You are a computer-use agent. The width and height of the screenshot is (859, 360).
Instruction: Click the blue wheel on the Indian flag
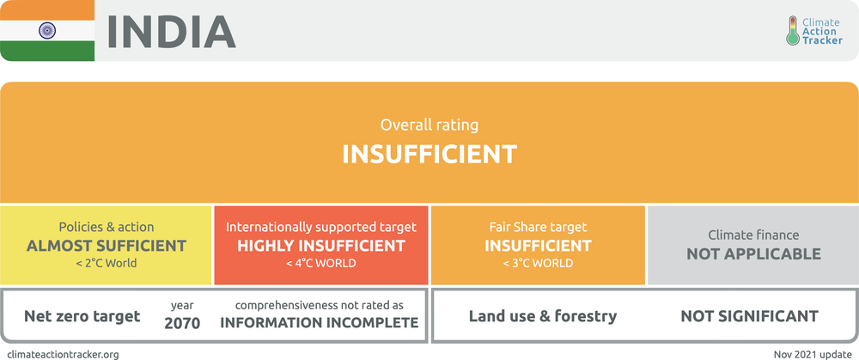47,30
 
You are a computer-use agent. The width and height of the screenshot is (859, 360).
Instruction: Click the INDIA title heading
172,32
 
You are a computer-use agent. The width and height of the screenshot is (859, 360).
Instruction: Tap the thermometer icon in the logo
793,30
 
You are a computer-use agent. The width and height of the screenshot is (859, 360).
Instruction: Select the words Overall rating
429,125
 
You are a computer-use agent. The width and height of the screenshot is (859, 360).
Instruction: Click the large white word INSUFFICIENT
429,155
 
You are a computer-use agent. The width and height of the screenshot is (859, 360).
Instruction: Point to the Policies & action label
107,227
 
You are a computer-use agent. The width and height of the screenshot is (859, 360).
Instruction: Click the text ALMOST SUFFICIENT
107,246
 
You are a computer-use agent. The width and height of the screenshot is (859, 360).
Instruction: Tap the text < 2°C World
107,264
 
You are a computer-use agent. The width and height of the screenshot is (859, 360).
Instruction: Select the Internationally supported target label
321,227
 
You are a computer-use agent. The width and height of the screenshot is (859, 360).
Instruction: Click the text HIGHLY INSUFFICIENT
321,246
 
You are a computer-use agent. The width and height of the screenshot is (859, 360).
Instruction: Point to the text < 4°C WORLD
321,264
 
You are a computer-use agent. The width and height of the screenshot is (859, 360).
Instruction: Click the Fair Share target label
538,227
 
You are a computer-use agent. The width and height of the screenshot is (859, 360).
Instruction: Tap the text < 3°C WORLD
538,264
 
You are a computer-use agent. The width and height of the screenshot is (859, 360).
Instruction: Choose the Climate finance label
754,235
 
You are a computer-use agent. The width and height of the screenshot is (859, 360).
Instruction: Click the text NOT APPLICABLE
754,253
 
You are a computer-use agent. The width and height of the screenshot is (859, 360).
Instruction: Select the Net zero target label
82,316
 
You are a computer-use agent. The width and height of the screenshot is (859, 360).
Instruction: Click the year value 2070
182,323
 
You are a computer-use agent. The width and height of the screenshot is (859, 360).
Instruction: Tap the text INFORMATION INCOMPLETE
320,323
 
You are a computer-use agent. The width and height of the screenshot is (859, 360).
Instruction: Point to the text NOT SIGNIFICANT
749,316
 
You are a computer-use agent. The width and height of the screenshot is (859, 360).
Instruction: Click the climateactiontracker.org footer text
63,355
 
